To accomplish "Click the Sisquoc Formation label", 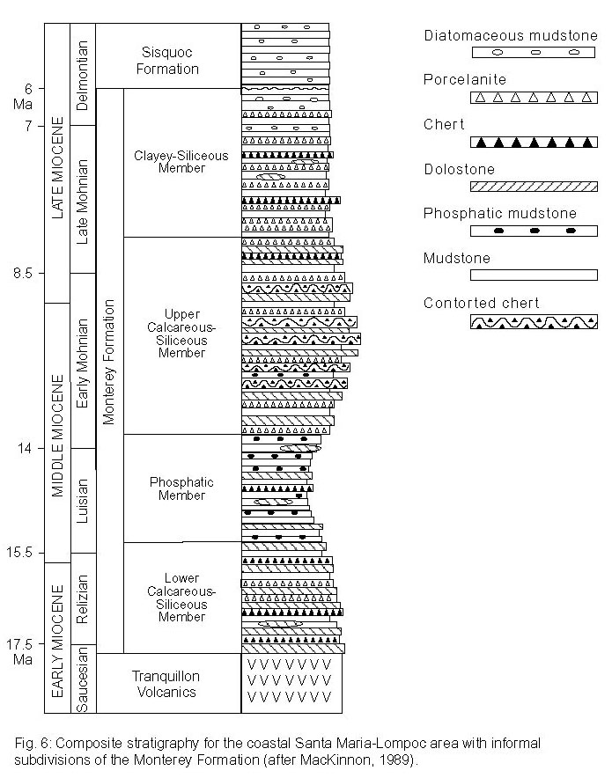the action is pos(167,61).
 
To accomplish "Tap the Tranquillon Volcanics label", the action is pos(166,684).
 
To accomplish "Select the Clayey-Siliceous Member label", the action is pos(181,162).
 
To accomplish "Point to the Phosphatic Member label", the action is pos(181,488).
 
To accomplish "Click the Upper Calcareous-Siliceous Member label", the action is pos(181,334).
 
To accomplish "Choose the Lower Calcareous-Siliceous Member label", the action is pos(181,598).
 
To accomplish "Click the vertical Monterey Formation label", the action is pos(108,363).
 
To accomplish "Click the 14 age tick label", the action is pos(25,449).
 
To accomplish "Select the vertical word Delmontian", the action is pos(83,76).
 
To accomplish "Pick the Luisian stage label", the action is pos(83,501).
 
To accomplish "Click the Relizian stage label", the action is pos(83,598).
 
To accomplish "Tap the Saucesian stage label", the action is pos(83,679).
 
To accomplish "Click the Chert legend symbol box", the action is pos(534,143).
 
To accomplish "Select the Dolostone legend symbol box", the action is pos(534,187).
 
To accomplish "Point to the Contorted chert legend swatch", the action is pos(534,322).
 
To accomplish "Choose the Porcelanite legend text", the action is pos(465,79).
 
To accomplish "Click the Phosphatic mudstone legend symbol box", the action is pos(534,231).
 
